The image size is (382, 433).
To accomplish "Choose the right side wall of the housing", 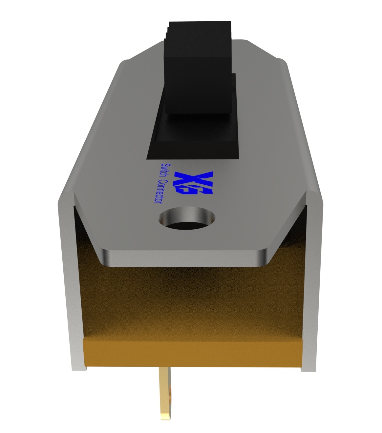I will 313,279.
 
